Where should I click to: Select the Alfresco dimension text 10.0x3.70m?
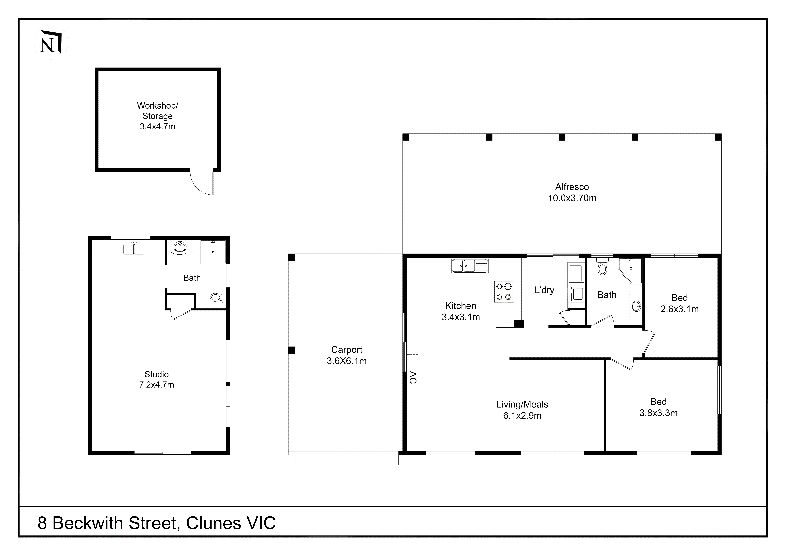[572, 198]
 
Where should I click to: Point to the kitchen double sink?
[470, 266]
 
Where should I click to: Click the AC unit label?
[412, 377]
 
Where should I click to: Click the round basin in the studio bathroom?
[180, 247]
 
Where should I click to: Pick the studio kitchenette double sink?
[134, 248]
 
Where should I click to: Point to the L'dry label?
[544, 290]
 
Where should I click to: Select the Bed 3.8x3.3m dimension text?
[658, 413]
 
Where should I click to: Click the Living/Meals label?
[522, 405]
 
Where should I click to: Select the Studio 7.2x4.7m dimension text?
[156, 385]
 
